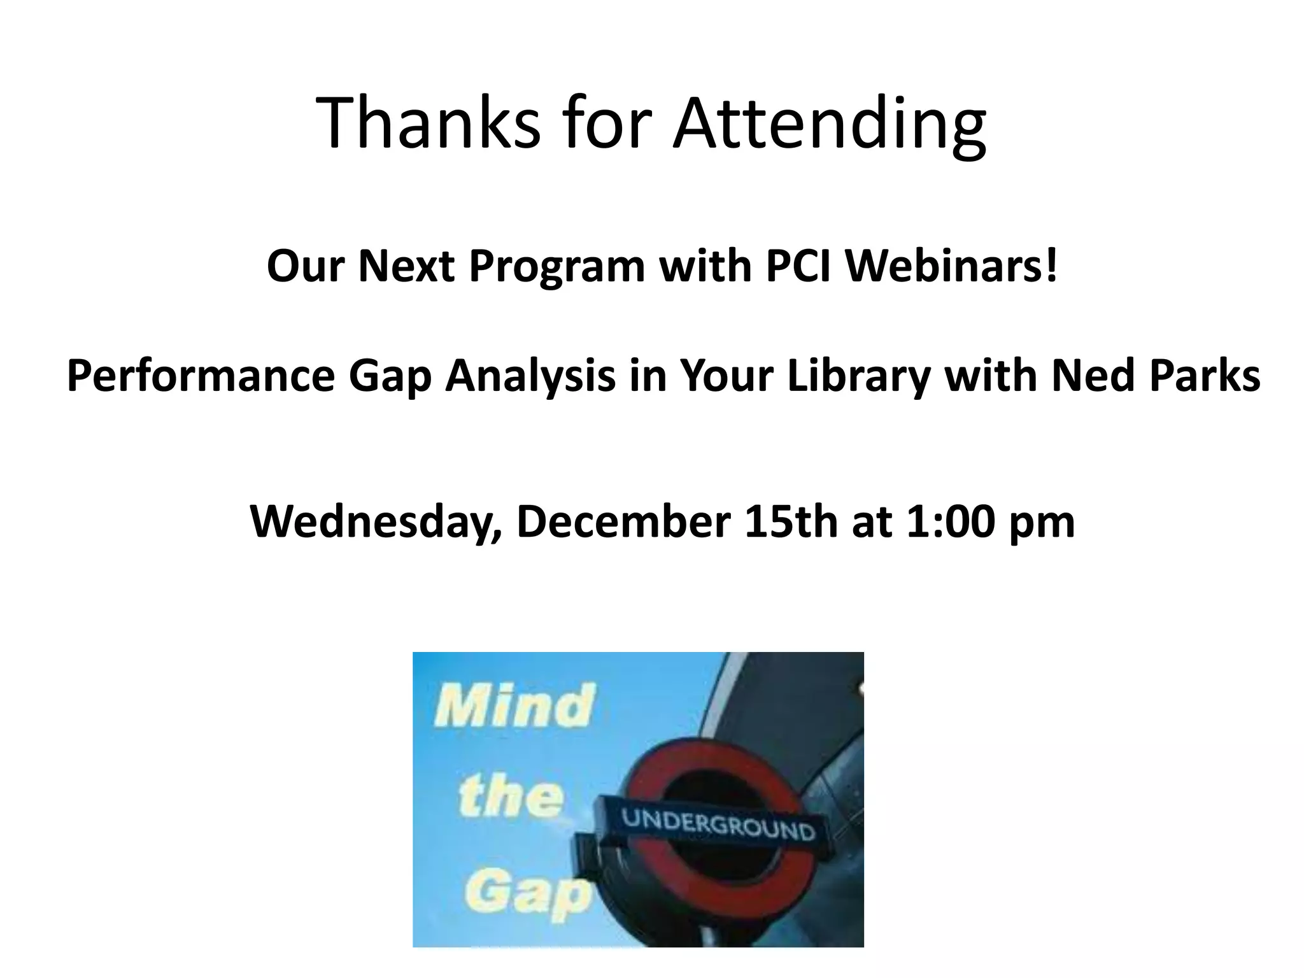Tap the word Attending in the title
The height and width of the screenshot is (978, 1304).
(x=830, y=124)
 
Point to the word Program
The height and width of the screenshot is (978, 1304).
(x=557, y=267)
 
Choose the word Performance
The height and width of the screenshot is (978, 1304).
(x=201, y=376)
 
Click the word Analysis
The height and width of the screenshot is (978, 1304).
(x=530, y=377)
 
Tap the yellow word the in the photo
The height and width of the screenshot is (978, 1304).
(x=511, y=797)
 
